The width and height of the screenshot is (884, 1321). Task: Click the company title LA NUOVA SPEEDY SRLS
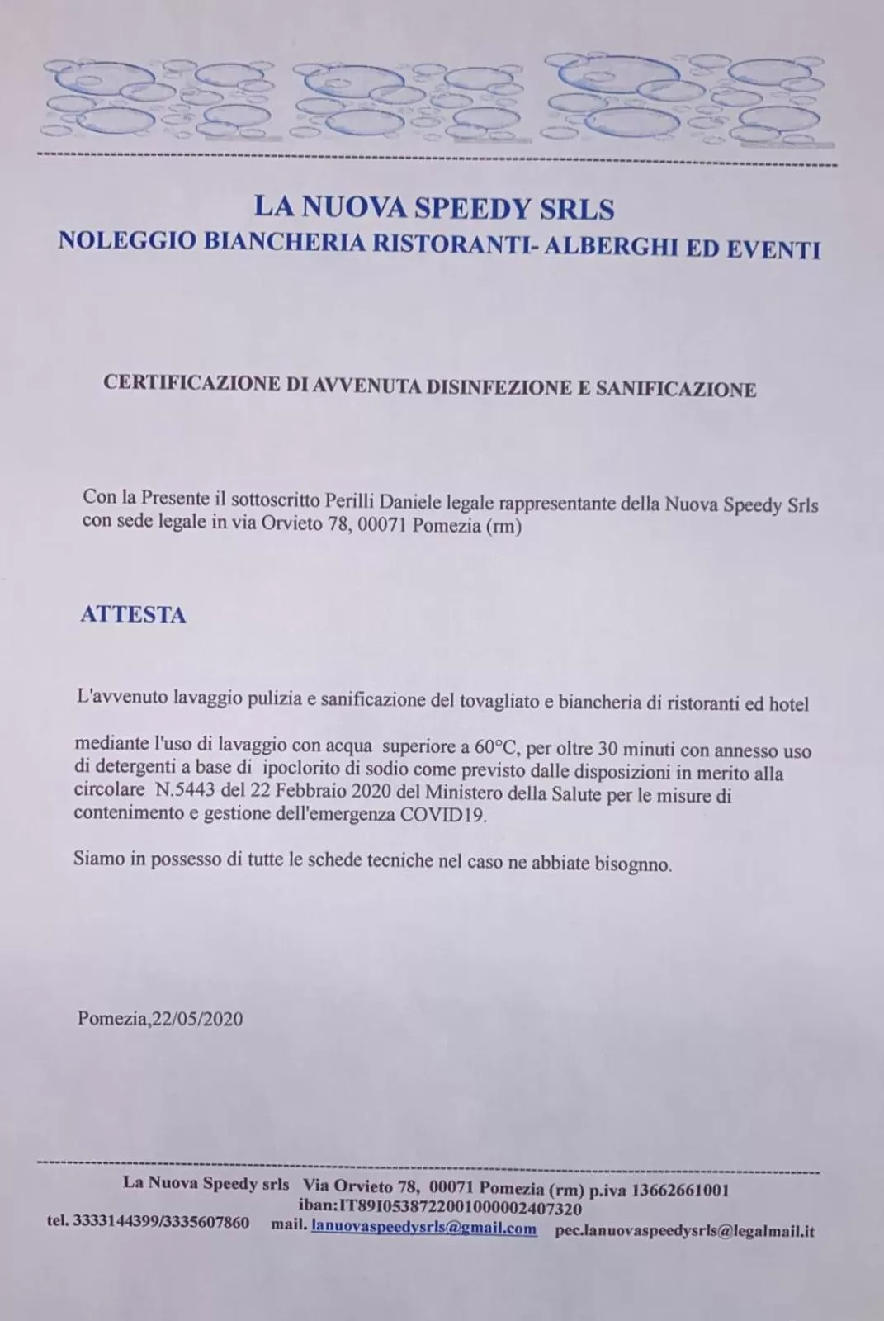pos(433,207)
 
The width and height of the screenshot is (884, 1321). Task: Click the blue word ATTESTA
pos(133,615)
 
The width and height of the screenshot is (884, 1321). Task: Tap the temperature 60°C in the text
pos(494,749)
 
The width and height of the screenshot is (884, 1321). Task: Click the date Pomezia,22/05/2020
pos(160,1018)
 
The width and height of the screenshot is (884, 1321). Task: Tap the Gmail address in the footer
pos(423,1228)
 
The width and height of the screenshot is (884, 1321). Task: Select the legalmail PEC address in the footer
pos(685,1230)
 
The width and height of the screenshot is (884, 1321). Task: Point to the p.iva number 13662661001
pos(680,1191)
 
